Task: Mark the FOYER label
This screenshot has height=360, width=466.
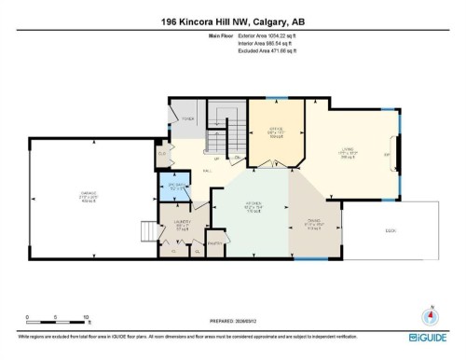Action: click(186, 119)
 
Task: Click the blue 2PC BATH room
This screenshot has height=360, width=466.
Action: click(180, 188)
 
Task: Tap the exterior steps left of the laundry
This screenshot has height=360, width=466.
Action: click(146, 230)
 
